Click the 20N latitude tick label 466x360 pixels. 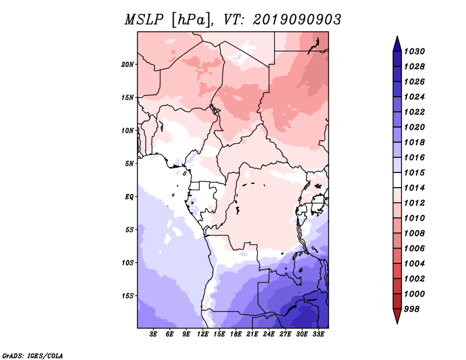pyautogui.click(x=128, y=65)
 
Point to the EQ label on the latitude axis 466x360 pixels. pyautogui.click(x=129, y=197)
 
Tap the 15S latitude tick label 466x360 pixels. pyautogui.click(x=128, y=296)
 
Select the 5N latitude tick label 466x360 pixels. pyautogui.click(x=129, y=164)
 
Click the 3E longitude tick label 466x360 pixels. pyautogui.click(x=153, y=334)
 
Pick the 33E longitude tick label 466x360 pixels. pyautogui.click(x=318, y=334)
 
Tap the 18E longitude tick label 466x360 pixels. pyautogui.click(x=236, y=334)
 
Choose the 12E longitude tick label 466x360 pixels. pyautogui.click(x=203, y=334)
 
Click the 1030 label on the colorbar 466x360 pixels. pyautogui.click(x=414, y=51)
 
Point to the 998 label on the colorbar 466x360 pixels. pyautogui.click(x=412, y=309)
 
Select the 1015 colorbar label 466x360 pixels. pyautogui.click(x=414, y=172)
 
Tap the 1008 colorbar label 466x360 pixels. pyautogui.click(x=414, y=234)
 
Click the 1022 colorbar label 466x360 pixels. pyautogui.click(x=414, y=112)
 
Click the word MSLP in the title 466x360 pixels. pyautogui.click(x=144, y=20)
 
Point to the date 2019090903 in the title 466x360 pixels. pyautogui.click(x=297, y=20)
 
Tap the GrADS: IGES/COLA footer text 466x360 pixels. pyautogui.click(x=33, y=356)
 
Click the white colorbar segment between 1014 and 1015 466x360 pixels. pyautogui.click(x=397, y=180)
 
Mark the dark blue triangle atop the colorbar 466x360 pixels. pyautogui.click(x=397, y=44)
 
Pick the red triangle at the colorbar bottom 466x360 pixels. pyautogui.click(x=397, y=316)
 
